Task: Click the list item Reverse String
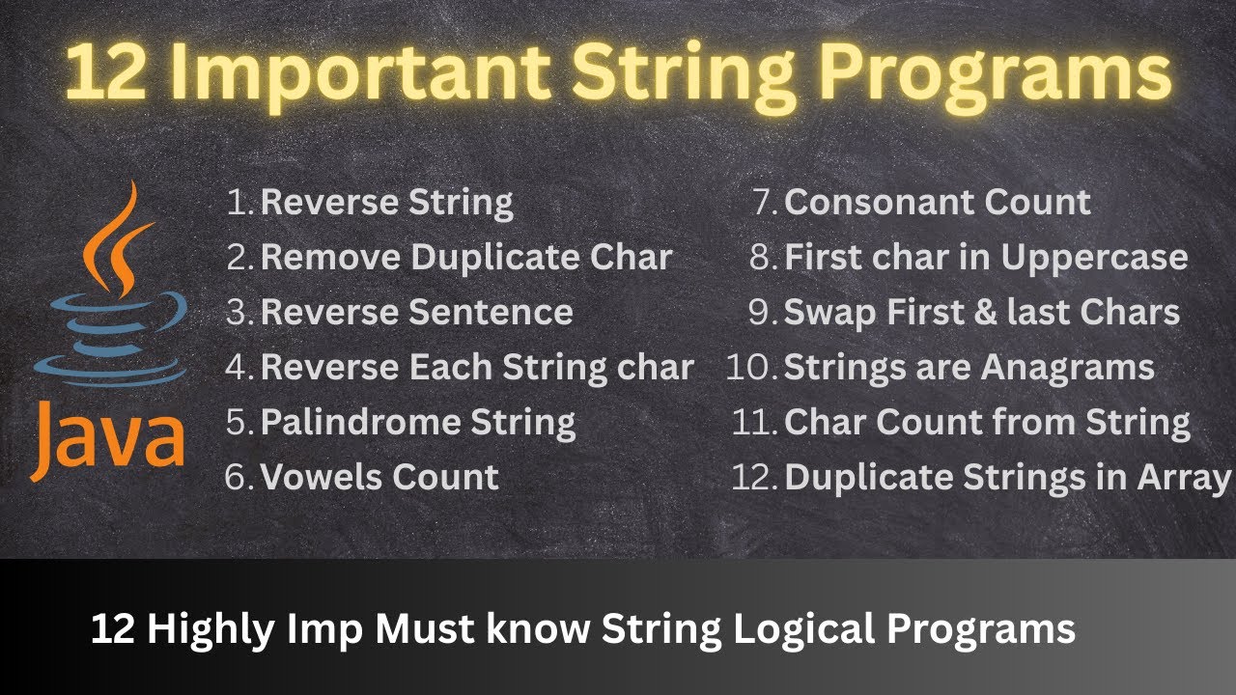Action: tap(386, 203)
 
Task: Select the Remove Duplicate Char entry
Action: tap(466, 258)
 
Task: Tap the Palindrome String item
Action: tap(418, 422)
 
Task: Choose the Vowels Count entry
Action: tap(379, 477)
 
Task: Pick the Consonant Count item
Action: tap(937, 203)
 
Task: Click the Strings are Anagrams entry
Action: tap(969, 368)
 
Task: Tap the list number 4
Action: tap(240, 368)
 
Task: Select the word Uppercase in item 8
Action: tap(1093, 258)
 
